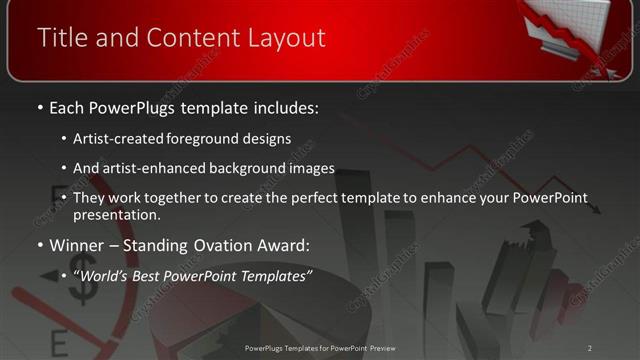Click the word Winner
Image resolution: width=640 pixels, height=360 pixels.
[75, 245]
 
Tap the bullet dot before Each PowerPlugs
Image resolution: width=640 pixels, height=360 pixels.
[39, 107]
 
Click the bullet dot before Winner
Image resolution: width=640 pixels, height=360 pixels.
[39, 245]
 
